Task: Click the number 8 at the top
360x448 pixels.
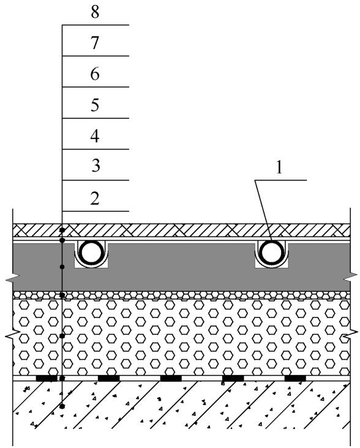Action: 95,13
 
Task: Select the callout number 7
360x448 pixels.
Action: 95,43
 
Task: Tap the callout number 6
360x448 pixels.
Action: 95,74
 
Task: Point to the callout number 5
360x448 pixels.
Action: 95,105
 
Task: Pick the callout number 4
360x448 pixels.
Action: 95,136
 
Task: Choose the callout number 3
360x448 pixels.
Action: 96,166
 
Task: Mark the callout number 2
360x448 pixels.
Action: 95,199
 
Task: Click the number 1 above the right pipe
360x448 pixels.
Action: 279,167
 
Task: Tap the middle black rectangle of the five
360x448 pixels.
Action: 171,378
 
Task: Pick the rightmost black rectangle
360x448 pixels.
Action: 295,378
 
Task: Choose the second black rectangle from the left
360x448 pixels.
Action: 109,378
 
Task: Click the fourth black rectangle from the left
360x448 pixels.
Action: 233,378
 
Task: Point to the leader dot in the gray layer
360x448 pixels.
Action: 62,267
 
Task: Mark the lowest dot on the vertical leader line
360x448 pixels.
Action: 62,406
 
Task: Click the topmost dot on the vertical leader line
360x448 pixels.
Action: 62,230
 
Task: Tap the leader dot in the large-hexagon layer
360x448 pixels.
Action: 62,336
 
